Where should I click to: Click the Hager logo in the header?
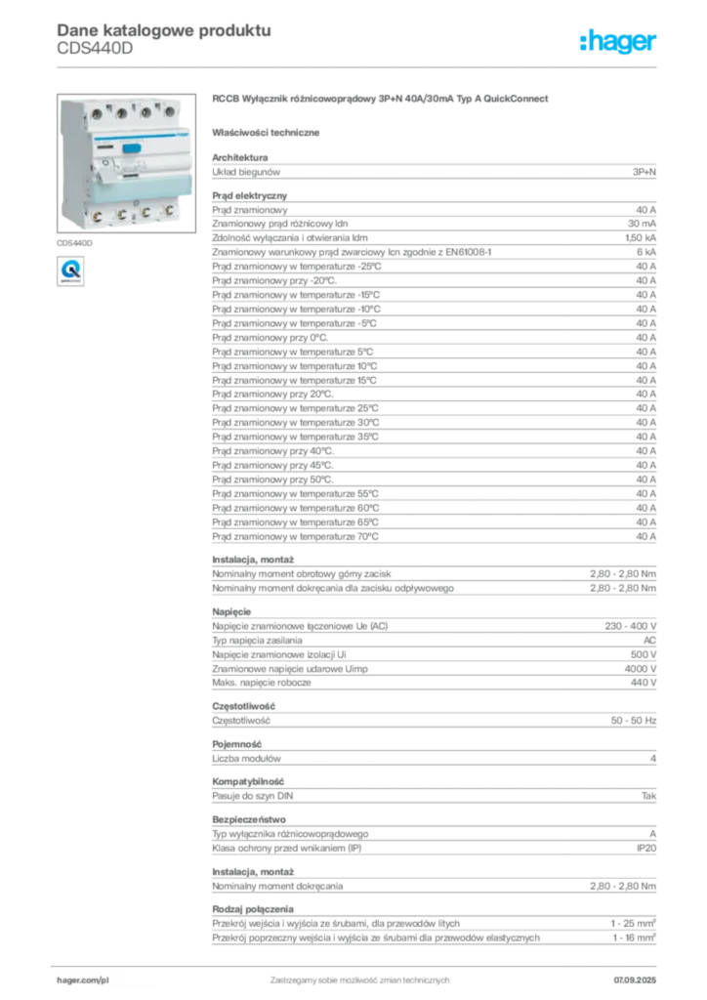(618, 41)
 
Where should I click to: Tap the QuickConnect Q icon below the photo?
(70, 271)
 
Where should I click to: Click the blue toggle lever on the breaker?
(131, 148)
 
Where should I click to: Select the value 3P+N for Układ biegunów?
(644, 172)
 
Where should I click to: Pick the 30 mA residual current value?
(642, 224)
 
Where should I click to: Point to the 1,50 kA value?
(641, 238)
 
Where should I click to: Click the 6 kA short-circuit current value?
(646, 252)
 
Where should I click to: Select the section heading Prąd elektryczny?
(249, 195)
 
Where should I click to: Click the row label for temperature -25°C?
(297, 267)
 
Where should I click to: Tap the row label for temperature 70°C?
(295, 537)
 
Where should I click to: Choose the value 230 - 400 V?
(631, 626)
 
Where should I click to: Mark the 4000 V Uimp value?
(640, 669)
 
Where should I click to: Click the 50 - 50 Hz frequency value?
(633, 721)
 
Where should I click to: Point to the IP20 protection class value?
(646, 849)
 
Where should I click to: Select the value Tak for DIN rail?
(648, 796)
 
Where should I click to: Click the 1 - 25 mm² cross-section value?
(633, 924)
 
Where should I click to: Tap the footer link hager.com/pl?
(83, 980)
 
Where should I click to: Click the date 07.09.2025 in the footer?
(635, 980)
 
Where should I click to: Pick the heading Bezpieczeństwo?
(249, 819)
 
